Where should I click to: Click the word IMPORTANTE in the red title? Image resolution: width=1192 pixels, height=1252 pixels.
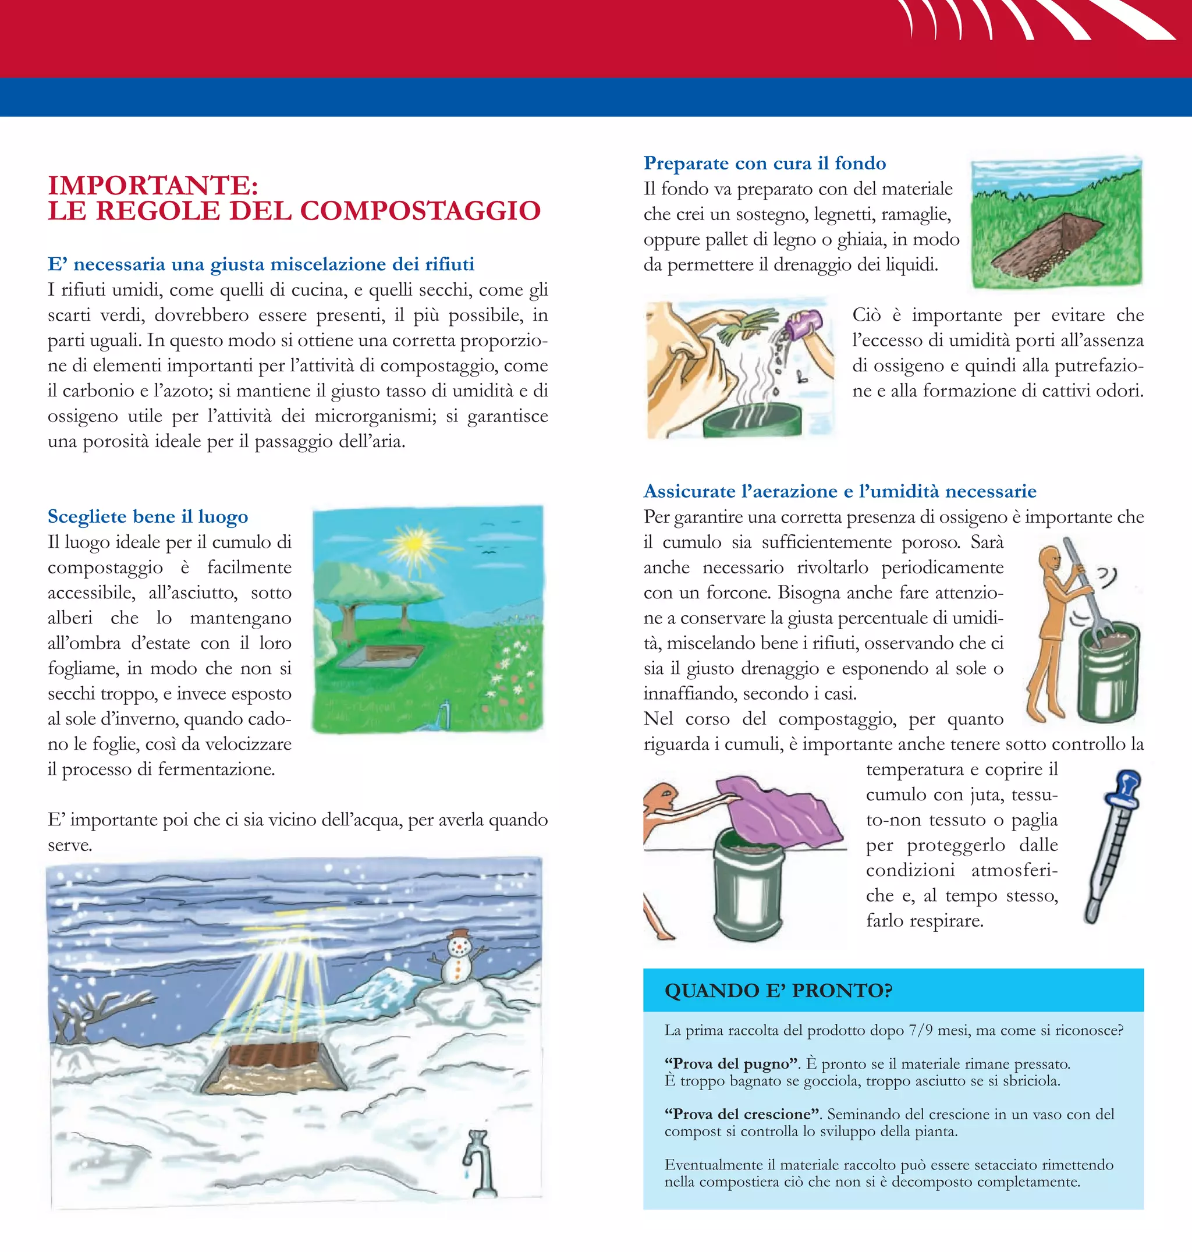tap(152, 186)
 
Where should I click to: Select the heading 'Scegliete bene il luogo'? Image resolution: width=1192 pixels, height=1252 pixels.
tap(147, 516)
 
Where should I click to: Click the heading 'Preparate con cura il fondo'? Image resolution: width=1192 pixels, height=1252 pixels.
tap(764, 164)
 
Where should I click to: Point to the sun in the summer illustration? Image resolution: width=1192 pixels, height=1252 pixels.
tap(413, 544)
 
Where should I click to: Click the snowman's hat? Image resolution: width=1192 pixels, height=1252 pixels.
tap(457, 933)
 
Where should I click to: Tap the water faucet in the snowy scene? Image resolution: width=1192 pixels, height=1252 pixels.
tap(477, 1164)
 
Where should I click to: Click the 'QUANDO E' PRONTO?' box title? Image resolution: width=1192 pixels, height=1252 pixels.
tap(778, 991)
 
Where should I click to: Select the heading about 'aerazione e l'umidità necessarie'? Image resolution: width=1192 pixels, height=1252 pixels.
tap(839, 491)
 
